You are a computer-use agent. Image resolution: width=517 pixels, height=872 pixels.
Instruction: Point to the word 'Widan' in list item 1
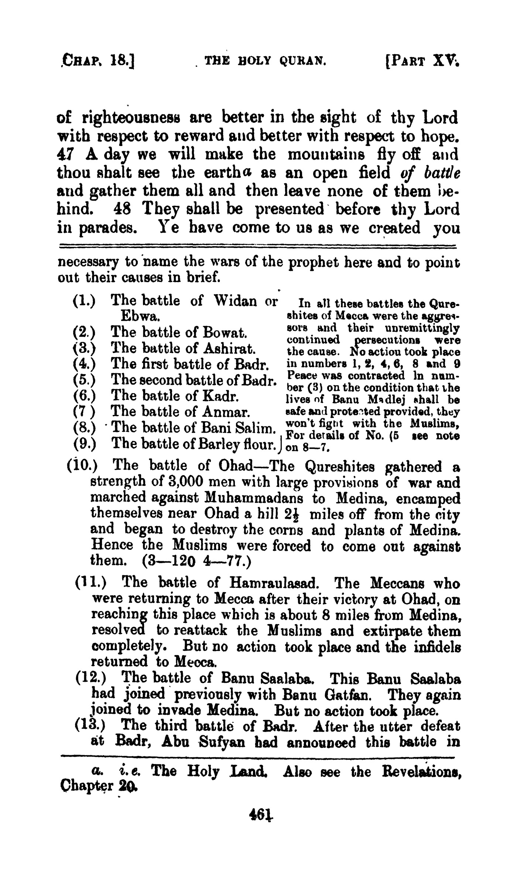tap(237, 301)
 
